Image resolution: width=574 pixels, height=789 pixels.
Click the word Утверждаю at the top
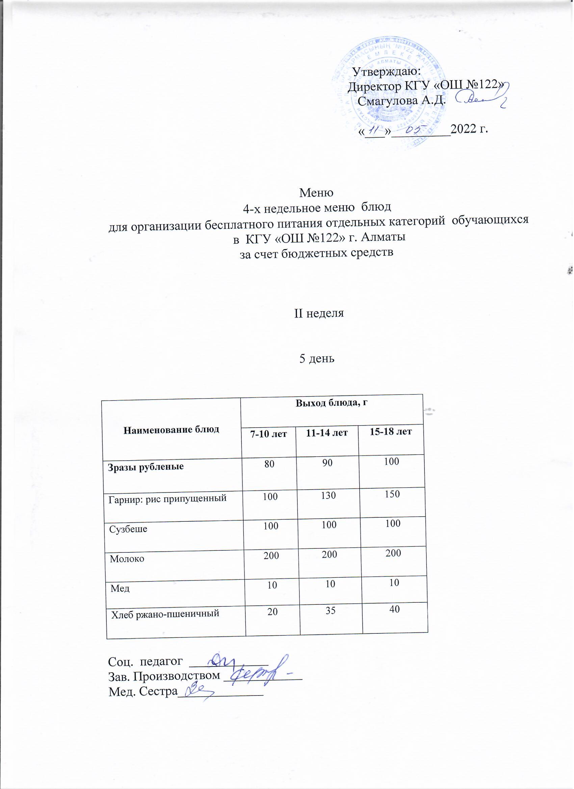[x=387, y=72]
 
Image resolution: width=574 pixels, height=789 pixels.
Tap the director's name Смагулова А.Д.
[x=401, y=101]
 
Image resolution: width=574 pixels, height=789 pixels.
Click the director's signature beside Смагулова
[x=480, y=99]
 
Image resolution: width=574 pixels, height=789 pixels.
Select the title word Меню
[x=316, y=192]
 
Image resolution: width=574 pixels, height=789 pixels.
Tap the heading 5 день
[x=317, y=359]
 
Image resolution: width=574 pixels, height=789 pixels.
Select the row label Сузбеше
[x=128, y=529]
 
